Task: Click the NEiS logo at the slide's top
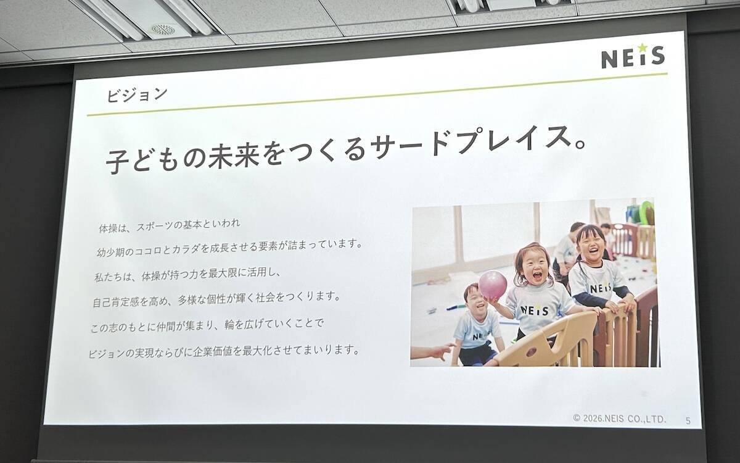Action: coord(633,57)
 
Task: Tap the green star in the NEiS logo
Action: coord(641,47)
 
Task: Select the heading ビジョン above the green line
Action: coord(136,95)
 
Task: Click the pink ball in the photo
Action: coord(493,285)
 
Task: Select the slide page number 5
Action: coord(688,420)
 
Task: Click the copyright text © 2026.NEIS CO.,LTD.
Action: coord(619,419)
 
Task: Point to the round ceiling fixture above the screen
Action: coord(163,30)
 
